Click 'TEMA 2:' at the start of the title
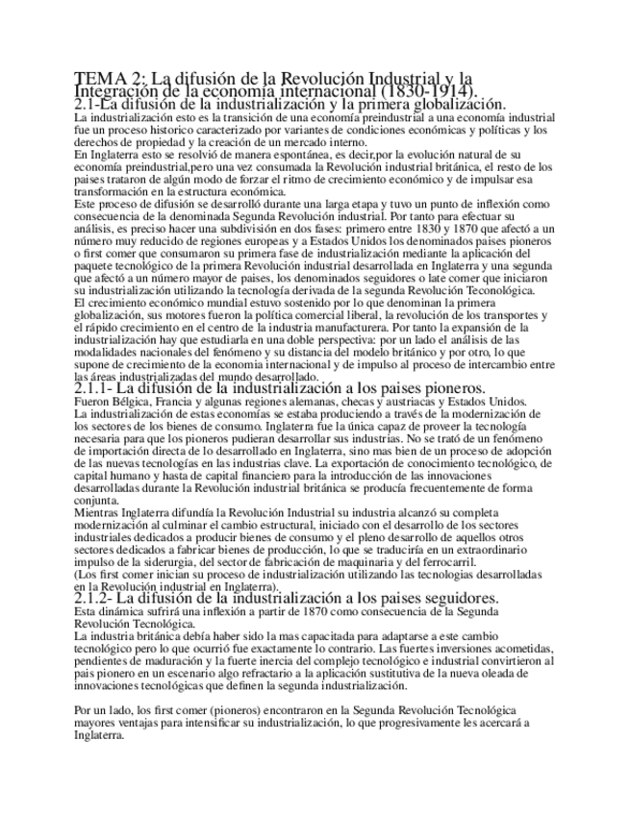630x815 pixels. [103, 78]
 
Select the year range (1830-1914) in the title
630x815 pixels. [430, 90]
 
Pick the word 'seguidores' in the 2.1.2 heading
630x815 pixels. [452, 598]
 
